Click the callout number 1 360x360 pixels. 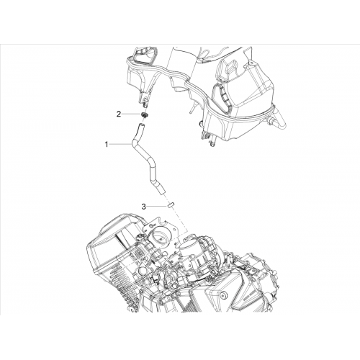(107, 145)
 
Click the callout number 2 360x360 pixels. (119, 114)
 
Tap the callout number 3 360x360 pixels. (143, 207)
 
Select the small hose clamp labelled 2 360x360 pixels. (144, 115)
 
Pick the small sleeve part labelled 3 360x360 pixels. (171, 206)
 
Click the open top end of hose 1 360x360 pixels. (142, 125)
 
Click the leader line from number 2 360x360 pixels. (132, 114)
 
